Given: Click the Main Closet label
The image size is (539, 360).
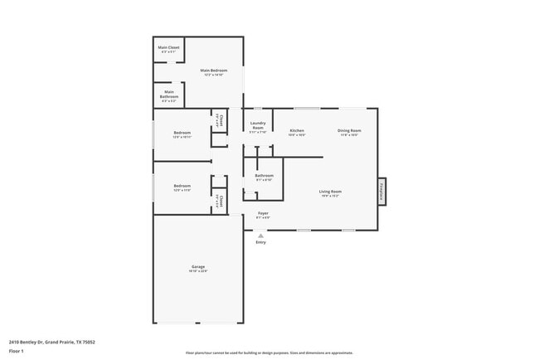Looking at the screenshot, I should [168, 48].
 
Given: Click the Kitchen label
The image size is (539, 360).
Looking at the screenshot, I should [297, 131].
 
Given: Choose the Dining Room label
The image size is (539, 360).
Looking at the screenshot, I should [349, 131].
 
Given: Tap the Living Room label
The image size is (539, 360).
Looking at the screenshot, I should [330, 192].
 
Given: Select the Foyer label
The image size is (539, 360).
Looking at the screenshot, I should [263, 214].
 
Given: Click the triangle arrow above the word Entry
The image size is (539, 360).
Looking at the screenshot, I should [260, 235].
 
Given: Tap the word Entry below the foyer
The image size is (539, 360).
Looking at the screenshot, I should [260, 242].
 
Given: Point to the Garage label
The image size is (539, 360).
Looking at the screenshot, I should [198, 267].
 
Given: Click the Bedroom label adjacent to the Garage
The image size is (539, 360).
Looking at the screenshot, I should [182, 187].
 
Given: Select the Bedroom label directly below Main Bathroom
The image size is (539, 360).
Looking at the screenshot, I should [182, 134].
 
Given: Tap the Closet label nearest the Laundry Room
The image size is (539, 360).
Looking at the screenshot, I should [221, 119].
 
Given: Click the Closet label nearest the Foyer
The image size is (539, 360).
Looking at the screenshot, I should [221, 200].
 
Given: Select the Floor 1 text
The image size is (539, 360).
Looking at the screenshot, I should [17, 351].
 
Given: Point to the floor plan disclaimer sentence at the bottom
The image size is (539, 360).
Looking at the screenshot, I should [269, 353].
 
